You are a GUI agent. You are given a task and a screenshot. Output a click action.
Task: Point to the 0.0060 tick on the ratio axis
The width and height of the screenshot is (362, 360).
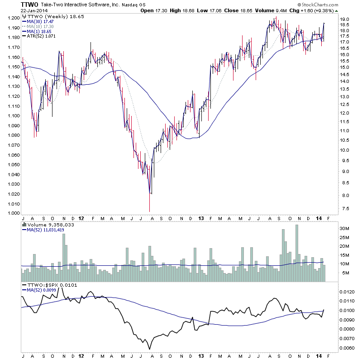point(350,348)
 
